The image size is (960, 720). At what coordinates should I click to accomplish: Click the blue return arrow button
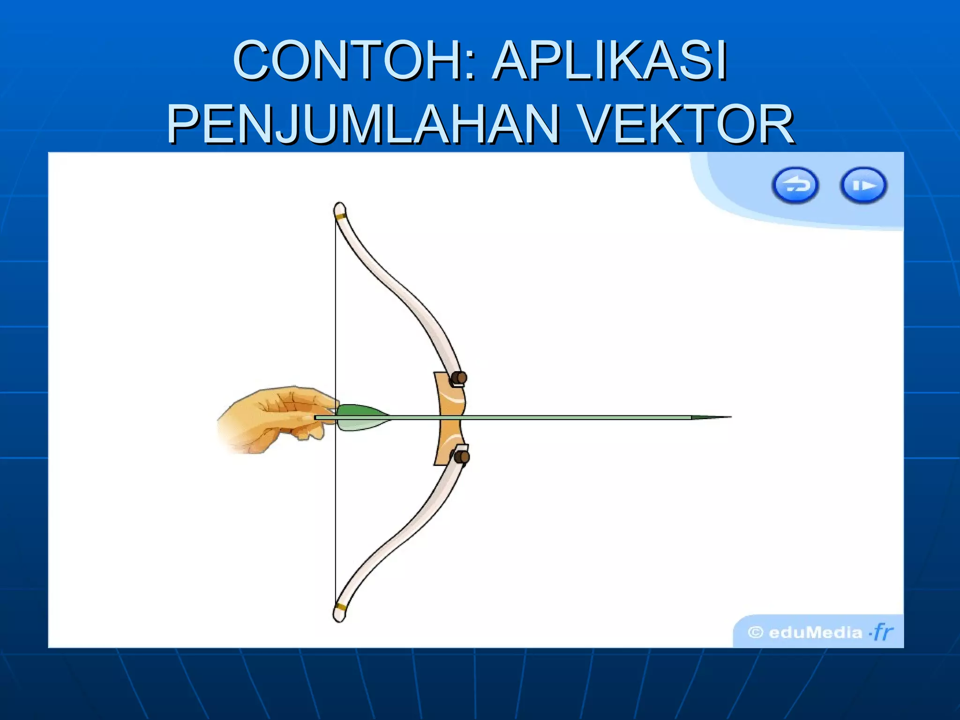pyautogui.click(x=795, y=186)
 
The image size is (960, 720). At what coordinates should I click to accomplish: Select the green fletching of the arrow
pyautogui.click(x=361, y=417)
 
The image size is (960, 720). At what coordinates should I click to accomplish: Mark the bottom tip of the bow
pyautogui.click(x=339, y=618)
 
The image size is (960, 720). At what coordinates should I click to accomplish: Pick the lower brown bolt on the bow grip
pyautogui.click(x=461, y=457)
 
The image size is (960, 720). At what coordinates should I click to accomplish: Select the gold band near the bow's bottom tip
pyautogui.click(x=341, y=607)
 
